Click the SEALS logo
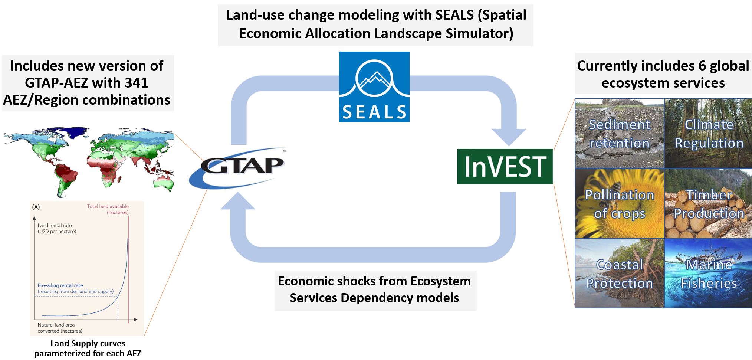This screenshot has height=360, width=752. [374, 87]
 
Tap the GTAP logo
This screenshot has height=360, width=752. [237, 168]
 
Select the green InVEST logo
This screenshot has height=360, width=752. [505, 166]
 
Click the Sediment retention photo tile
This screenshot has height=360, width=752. [620, 133]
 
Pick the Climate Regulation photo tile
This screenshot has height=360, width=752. [708, 133]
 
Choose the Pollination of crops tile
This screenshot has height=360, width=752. [620, 203]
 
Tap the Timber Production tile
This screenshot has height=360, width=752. [708, 203]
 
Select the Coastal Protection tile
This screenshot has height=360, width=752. [620, 273]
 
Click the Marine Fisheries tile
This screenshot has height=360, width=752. [708, 273]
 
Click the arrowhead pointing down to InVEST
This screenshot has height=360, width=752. [509, 137]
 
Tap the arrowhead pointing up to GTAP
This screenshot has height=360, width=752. [238, 201]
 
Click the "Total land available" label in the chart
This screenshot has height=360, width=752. [108, 209]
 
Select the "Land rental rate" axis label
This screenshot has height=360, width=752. [57, 228]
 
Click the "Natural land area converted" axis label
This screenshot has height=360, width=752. [60, 328]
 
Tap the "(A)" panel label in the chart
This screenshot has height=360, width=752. [36, 207]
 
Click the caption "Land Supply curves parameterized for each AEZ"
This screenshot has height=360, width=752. [88, 348]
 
